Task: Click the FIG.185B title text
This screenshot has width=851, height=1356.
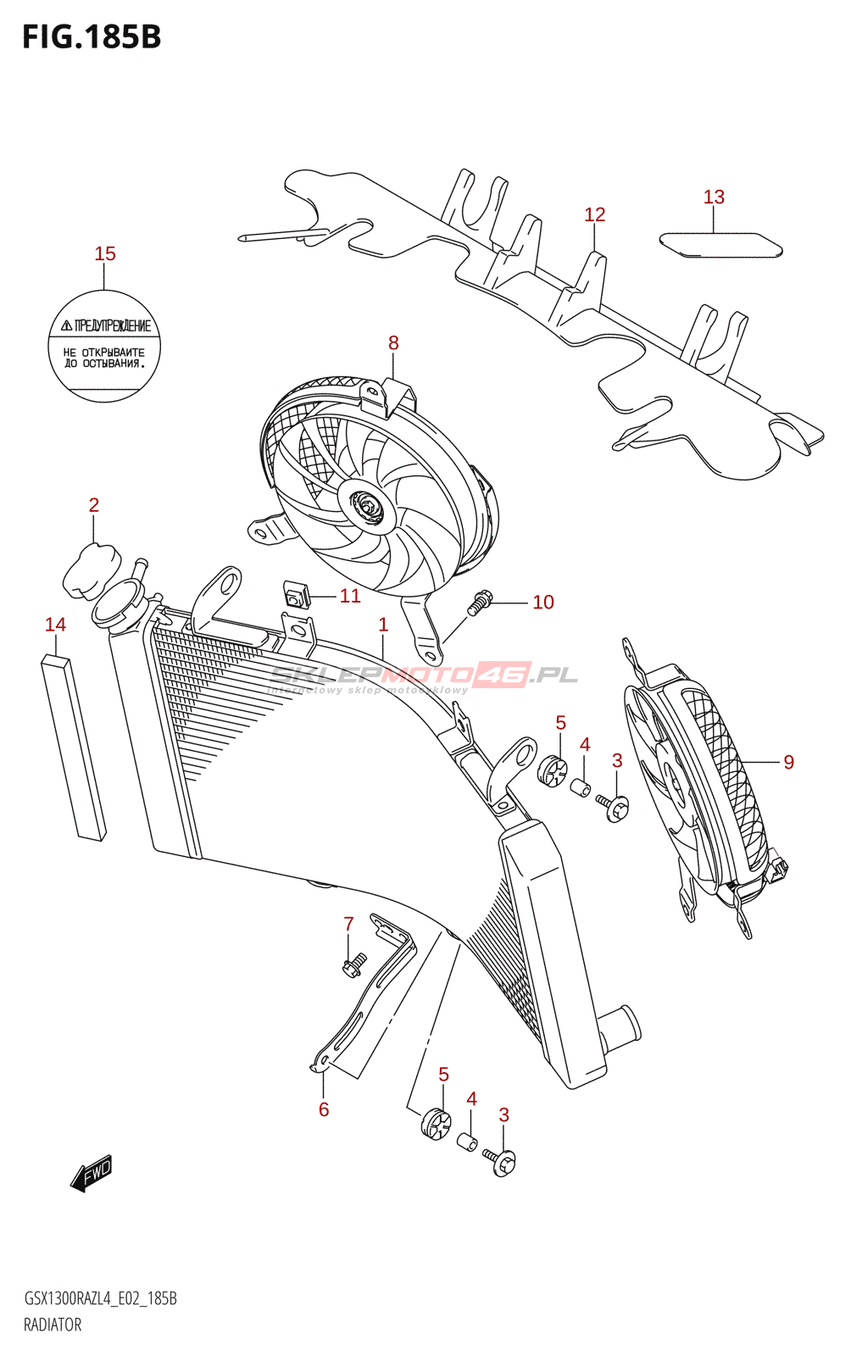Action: tap(92, 37)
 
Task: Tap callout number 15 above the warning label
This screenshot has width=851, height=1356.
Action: tap(105, 253)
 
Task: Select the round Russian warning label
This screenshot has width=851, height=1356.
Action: tap(104, 346)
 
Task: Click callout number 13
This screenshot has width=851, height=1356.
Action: tap(714, 197)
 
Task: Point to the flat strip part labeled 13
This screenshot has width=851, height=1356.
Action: tap(720, 245)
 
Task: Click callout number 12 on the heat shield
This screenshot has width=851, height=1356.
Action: tap(594, 214)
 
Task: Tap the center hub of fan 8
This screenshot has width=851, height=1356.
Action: tap(368, 507)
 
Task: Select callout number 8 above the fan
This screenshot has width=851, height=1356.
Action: tap(393, 342)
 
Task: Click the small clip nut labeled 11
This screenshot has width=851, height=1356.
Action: tap(294, 595)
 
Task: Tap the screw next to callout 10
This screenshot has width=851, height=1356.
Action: tap(480, 603)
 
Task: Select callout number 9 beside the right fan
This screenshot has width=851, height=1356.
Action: tap(788, 762)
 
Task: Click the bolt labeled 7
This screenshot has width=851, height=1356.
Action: tap(353, 964)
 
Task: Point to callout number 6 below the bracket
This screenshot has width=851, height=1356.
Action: tap(324, 1109)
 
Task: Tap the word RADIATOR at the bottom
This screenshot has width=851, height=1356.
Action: tap(53, 1325)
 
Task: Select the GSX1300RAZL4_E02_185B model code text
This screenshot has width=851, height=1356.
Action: tap(100, 1298)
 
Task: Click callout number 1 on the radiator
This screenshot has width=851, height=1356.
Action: tap(383, 625)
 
